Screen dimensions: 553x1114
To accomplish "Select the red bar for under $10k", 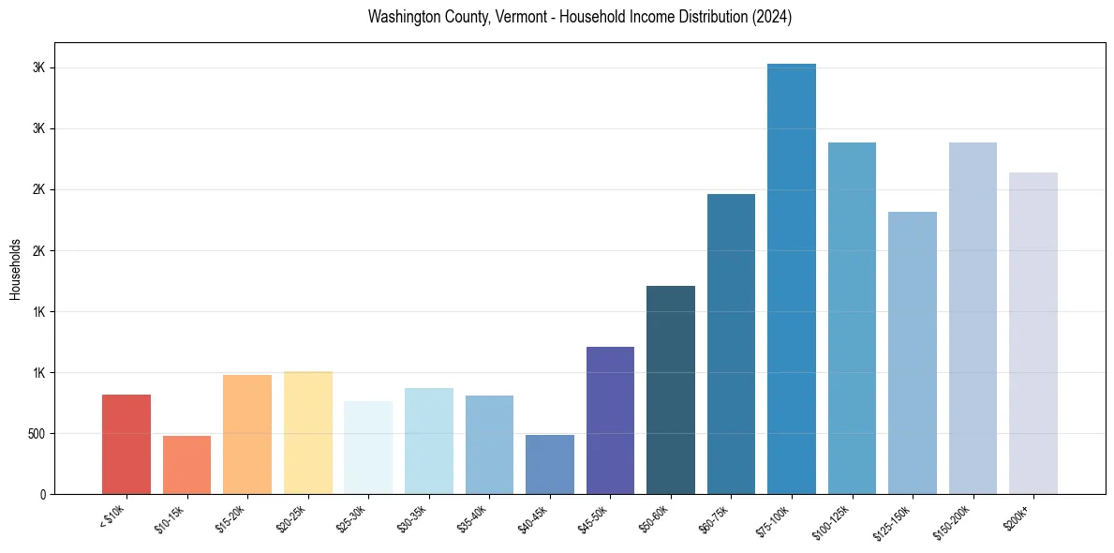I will pyautogui.click(x=126, y=444).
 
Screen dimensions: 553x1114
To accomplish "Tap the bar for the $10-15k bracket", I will pyautogui.click(x=186, y=465).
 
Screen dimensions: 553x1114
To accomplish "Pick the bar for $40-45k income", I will pyautogui.click(x=549, y=464).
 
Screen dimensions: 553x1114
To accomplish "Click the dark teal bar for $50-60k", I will pyautogui.click(x=671, y=390).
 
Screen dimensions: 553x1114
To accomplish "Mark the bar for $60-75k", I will pyautogui.click(x=731, y=344).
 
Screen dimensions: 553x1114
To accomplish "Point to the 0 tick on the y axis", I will pyautogui.click(x=42, y=495).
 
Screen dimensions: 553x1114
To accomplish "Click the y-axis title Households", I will pyautogui.click(x=15, y=268).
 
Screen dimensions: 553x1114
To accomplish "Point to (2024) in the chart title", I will pyautogui.click(x=771, y=17).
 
